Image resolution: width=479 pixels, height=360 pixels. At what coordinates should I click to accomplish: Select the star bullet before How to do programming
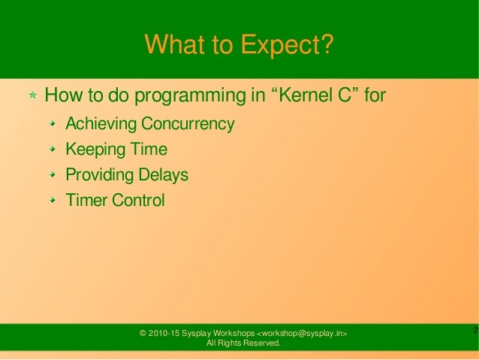pos(33,97)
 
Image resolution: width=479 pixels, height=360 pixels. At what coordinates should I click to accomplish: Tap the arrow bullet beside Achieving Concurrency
pos(53,124)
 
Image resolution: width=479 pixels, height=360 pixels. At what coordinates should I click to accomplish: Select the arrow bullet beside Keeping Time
pos(53,150)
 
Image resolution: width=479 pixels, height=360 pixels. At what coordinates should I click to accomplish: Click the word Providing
pos(98,176)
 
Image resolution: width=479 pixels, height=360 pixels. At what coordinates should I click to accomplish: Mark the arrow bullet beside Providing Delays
pos(53,176)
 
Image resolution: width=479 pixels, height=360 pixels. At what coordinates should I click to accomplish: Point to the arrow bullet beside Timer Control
pos(53,201)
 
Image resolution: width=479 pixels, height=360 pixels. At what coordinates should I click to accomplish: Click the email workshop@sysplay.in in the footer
pos(303,333)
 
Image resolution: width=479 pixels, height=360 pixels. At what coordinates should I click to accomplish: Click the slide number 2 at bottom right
pos(474,331)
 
